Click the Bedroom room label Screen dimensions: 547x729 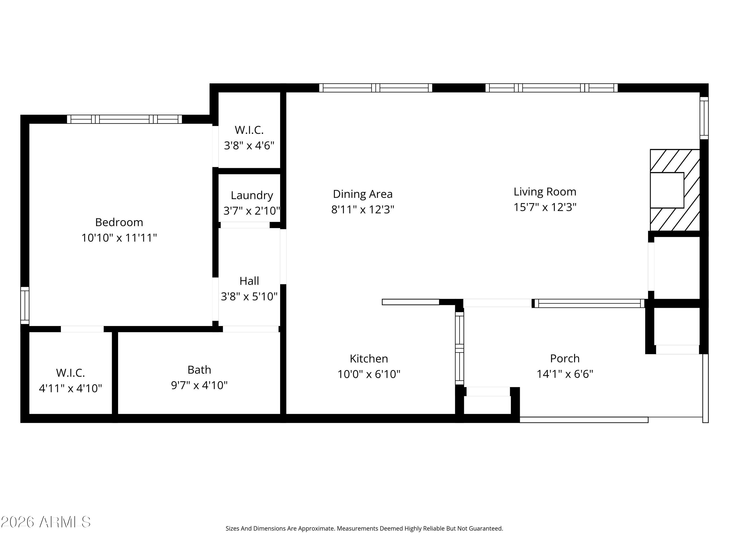pyautogui.click(x=119, y=222)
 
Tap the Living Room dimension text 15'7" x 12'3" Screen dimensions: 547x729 pyautogui.click(x=545, y=207)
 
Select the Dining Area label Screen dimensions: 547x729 pyautogui.click(x=363, y=194)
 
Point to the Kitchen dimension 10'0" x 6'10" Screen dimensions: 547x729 pyautogui.click(x=369, y=374)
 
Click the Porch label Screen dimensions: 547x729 pyautogui.click(x=564, y=358)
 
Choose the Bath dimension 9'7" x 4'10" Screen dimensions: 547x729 pyautogui.click(x=199, y=385)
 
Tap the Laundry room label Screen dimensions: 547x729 pyautogui.click(x=252, y=195)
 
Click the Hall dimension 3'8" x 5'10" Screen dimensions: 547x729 pyautogui.click(x=249, y=296)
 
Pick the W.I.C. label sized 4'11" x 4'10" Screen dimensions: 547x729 pyautogui.click(x=70, y=373)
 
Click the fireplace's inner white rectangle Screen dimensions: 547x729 pyautogui.click(x=667, y=190)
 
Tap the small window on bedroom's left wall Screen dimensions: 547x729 pyautogui.click(x=25, y=305)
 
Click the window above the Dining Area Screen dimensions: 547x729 pyautogui.click(x=375, y=88)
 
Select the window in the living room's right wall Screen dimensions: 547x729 pyautogui.click(x=704, y=118)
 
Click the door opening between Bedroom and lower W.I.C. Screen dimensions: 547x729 pyautogui.click(x=82, y=329)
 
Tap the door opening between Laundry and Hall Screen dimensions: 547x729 pyautogui.click(x=245, y=225)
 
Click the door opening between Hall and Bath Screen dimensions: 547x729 pyautogui.click(x=251, y=329)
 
